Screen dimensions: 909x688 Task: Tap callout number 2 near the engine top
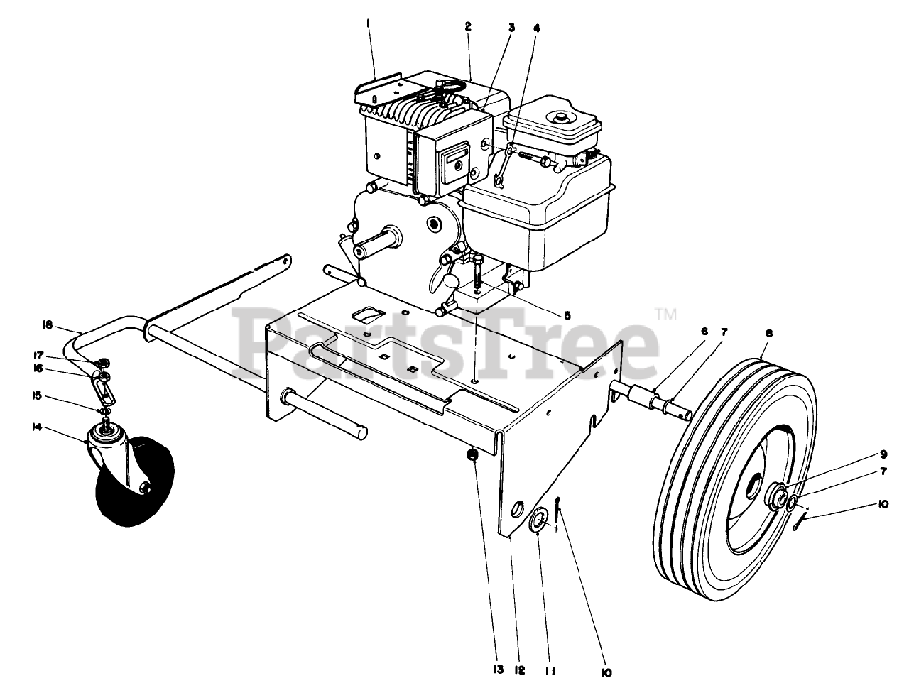[x=468, y=27]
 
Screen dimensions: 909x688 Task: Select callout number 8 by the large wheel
[x=769, y=332]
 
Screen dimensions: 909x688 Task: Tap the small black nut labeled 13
[x=472, y=455]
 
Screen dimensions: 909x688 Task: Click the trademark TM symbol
[x=665, y=313]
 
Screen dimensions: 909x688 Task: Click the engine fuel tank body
[x=540, y=213]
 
